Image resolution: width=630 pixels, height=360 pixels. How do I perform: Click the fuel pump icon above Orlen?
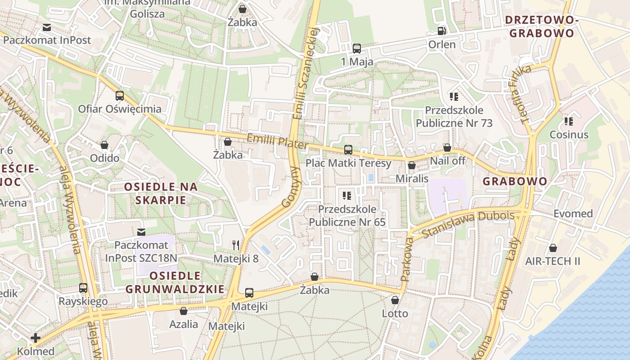tap(441, 31)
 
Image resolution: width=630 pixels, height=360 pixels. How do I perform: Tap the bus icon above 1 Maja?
tap(357, 48)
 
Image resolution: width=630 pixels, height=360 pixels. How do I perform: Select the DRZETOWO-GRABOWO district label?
tap(540, 27)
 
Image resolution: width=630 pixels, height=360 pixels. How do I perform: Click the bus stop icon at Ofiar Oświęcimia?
tap(119, 95)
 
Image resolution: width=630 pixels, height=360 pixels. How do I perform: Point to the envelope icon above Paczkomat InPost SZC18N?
tap(141, 232)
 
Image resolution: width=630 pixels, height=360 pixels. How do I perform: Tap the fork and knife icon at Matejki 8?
tap(236, 245)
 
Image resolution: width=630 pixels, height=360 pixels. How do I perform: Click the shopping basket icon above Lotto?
tap(395, 300)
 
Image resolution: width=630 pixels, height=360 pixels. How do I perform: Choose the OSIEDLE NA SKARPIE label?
tap(161, 193)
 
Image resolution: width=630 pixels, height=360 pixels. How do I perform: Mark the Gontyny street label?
tap(291, 187)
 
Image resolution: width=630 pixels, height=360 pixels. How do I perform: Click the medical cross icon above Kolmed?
tap(36, 338)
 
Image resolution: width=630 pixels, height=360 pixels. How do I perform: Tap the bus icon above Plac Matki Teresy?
tap(348, 150)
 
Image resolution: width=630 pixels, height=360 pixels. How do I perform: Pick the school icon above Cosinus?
tap(569, 121)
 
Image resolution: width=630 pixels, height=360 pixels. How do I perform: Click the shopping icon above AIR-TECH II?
tap(553, 248)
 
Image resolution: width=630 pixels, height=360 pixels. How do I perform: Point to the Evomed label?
tap(573, 213)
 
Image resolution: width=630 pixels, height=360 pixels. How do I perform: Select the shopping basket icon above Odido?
tap(104, 145)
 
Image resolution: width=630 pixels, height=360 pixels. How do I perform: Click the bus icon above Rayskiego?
tap(83, 288)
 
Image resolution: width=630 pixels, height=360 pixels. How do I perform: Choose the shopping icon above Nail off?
tap(447, 148)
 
